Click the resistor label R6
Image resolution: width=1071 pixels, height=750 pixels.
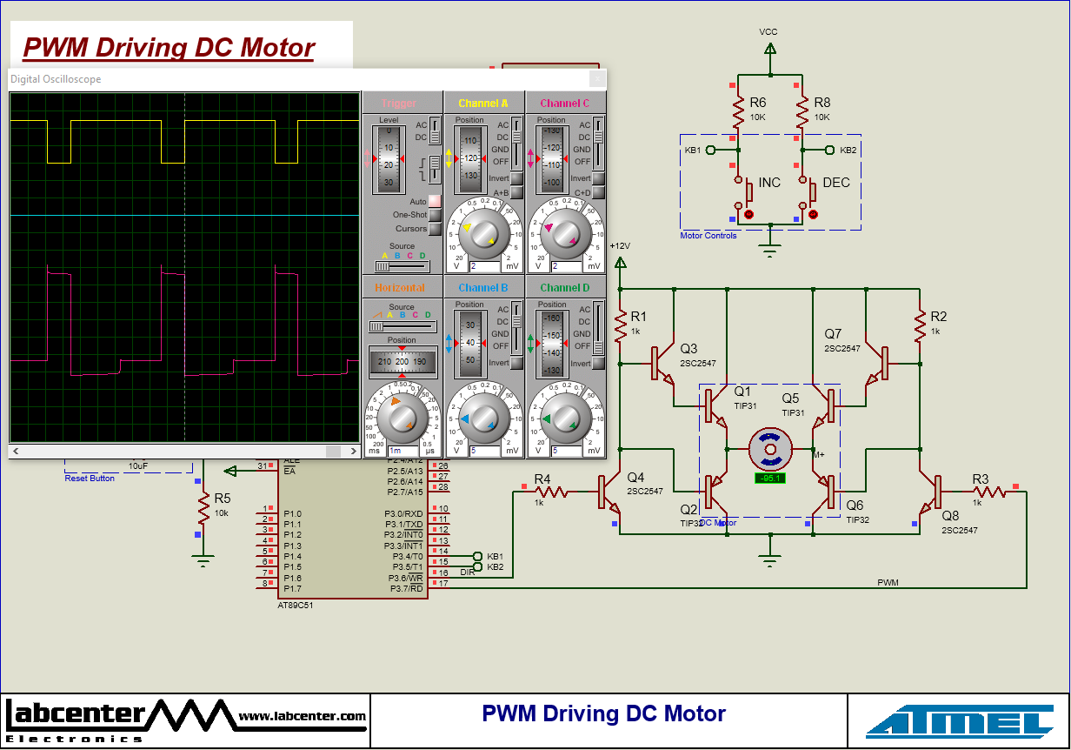757,103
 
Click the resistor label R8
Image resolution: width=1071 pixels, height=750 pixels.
822,103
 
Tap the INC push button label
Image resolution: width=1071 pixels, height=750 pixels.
769,183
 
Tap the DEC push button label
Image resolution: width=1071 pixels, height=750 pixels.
836,183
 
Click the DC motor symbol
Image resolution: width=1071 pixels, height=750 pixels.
770,450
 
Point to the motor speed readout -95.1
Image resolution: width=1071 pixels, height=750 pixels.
770,479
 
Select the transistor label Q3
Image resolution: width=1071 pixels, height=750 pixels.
688,348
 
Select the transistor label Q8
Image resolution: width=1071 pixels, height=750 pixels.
950,515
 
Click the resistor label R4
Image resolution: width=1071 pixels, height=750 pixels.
542,479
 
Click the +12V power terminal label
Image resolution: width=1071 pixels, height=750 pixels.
619,245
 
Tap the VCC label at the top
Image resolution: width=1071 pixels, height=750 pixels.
768,32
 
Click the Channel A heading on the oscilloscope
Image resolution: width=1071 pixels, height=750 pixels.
483,104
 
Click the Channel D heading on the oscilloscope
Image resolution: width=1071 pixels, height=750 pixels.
564,288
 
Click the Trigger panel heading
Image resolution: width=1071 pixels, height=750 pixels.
400,104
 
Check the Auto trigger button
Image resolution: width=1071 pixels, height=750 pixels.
435,201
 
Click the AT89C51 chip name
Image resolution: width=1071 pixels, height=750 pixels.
295,605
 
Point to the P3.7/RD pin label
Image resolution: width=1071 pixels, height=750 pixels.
405,588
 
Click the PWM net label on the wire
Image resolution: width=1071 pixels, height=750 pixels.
888,582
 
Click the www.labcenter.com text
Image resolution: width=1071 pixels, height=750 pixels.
302,717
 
